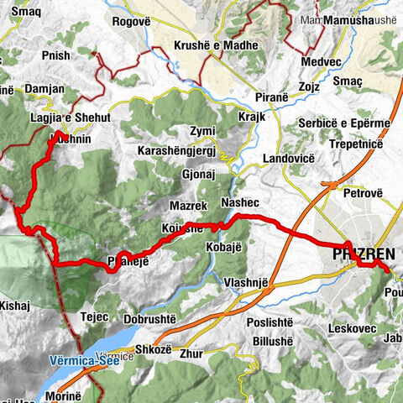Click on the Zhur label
[x=192, y=353]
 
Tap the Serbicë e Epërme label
[x=345, y=123]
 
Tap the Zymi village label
[x=202, y=132]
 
